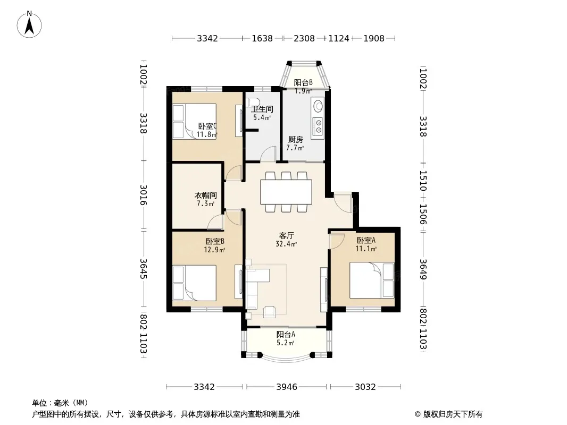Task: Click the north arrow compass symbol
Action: pos(29,24)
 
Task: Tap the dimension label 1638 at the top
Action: pos(262,38)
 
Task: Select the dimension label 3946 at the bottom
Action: pos(287,387)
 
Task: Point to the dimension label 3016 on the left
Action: pos(144,194)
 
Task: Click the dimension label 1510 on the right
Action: pos(423,181)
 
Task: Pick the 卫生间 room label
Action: pos(262,109)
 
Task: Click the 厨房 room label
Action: pos(295,140)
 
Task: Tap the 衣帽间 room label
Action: pos(206,195)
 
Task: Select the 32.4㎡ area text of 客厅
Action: pos(286,244)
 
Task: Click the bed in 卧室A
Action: pos(372,280)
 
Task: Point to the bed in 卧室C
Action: pos(195,121)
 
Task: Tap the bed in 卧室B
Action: pos(195,283)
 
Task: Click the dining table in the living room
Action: pos(286,192)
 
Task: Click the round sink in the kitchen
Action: pos(319,106)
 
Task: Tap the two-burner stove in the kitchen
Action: pos(319,126)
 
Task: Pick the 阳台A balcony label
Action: pos(286,335)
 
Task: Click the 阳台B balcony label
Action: pos(303,83)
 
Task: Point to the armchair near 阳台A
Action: pos(270,312)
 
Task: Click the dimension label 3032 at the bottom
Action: pos(365,387)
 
